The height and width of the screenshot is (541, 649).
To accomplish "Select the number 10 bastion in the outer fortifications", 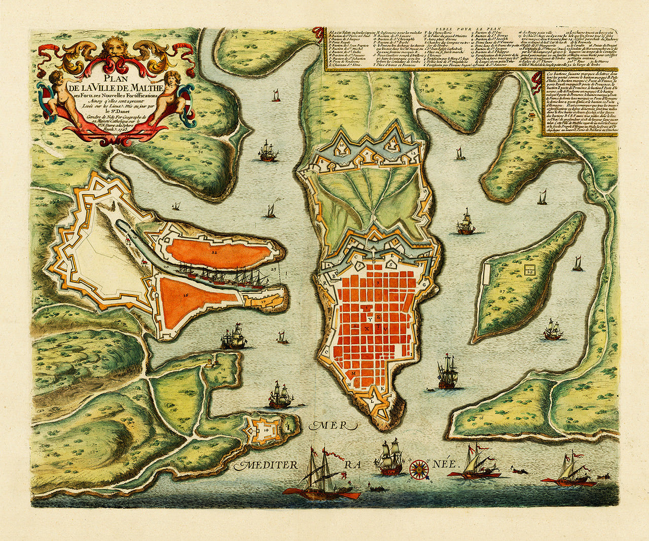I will [341, 145].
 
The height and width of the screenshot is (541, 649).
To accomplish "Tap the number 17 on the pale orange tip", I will [264, 301].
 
